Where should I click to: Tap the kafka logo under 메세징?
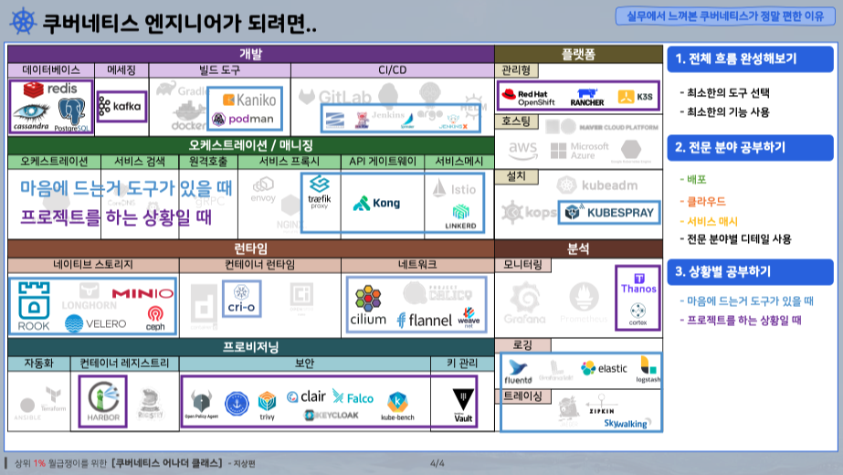click(121, 106)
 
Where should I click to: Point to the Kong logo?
click(376, 203)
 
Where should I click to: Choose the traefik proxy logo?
click(319, 192)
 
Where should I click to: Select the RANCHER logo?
click(587, 96)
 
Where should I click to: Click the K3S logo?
click(636, 96)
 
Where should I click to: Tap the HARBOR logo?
click(102, 401)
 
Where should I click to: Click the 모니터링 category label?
click(522, 265)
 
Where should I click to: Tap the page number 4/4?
click(437, 463)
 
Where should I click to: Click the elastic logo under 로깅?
click(605, 368)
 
